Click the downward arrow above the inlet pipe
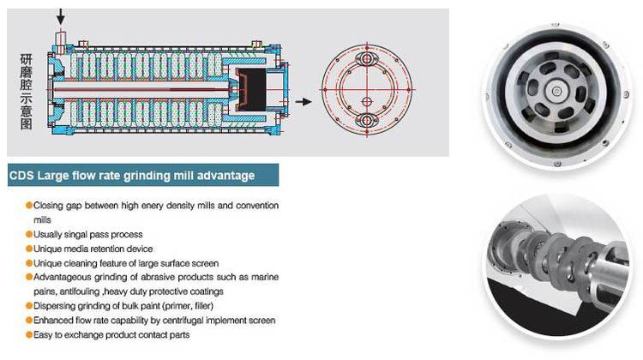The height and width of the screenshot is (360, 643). tap(61, 16)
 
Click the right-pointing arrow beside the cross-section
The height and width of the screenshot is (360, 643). tap(303, 101)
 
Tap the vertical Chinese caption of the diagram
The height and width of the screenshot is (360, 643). tap(26, 92)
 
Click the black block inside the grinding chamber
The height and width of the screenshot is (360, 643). tap(251, 89)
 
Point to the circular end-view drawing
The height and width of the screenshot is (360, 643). tap(367, 89)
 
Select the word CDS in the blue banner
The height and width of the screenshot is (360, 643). tap(21, 176)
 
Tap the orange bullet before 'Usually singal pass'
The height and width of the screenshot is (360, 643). tap(29, 234)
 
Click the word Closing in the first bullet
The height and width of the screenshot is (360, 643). tap(48, 206)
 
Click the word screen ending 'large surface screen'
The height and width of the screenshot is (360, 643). tap(204, 263)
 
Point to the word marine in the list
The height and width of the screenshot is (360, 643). tap(265, 277)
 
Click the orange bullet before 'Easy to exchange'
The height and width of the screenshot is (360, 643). tap(29, 334)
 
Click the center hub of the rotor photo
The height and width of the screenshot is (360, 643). tap(556, 92)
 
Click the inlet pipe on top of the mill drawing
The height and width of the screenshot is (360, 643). tap(61, 41)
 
